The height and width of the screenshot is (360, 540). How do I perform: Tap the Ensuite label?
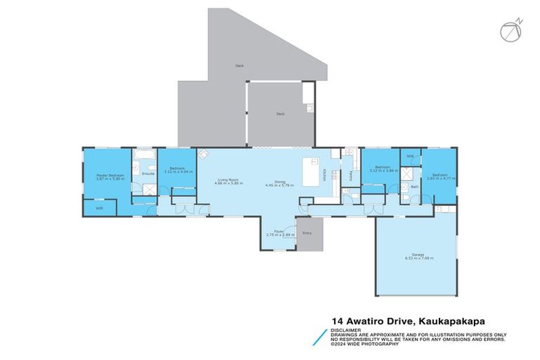coord(148,173)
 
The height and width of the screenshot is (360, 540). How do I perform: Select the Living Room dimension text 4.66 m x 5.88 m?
coord(228,185)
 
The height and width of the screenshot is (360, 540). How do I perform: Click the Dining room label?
coord(279,181)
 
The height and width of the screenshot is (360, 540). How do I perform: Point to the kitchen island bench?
coord(307,172)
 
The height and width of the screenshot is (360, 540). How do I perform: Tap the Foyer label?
coord(278,230)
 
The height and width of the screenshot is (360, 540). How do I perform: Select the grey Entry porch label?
coord(307,233)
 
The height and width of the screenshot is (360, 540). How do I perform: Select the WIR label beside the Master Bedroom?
coord(99,208)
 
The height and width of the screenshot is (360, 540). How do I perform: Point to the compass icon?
coord(510,30)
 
